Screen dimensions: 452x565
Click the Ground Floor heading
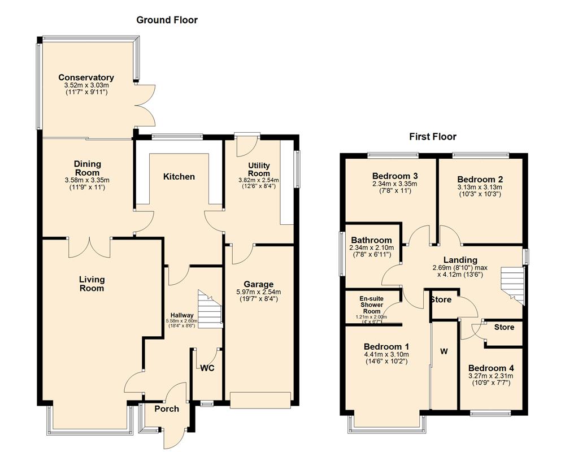[167, 20]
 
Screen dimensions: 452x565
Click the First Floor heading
[433, 137]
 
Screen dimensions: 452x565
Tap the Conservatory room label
[86, 78]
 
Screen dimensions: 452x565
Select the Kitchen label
[179, 177]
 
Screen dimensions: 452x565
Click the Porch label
[167, 409]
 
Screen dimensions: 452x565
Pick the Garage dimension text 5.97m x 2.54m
[259, 292]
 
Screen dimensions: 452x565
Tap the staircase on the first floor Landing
[512, 283]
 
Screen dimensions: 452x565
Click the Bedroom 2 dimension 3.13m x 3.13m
[480, 187]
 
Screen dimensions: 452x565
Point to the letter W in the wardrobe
[444, 351]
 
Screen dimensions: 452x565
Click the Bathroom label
[371, 240]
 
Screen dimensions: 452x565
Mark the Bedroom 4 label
[490, 368]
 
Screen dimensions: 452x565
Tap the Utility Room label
[259, 169]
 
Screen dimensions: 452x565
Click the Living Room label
[92, 284]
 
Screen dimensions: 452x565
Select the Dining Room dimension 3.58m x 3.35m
[87, 180]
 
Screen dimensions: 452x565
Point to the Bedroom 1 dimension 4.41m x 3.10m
[387, 354]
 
